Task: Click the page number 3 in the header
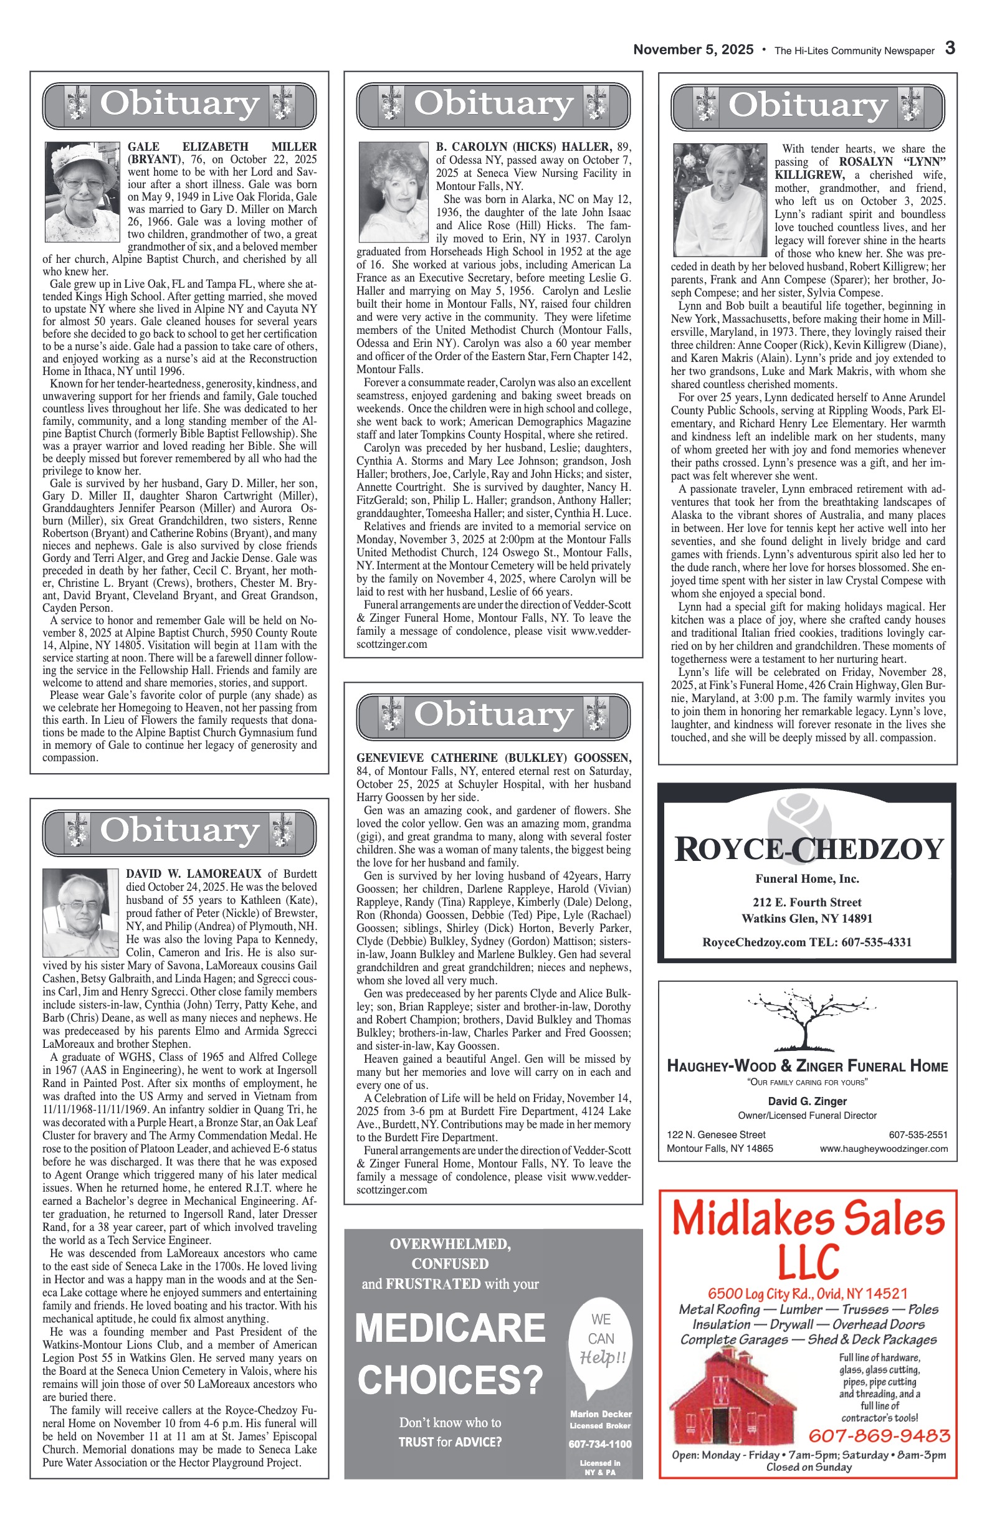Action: point(950,49)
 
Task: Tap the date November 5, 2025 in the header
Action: point(693,50)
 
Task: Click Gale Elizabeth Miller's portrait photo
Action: point(82,192)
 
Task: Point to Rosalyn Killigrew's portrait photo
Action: point(720,200)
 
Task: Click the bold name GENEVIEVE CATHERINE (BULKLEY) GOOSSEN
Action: point(493,758)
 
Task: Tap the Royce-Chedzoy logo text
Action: point(809,849)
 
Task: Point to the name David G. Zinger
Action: point(808,1101)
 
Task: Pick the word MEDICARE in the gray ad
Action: point(450,1328)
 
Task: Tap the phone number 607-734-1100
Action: point(600,1444)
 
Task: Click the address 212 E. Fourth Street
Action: point(807,902)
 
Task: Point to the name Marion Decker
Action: point(601,1413)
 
